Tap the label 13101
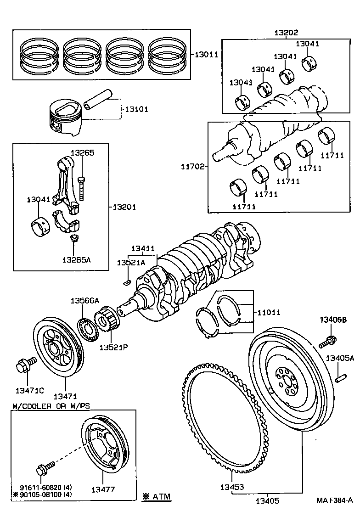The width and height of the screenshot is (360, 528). tap(135, 109)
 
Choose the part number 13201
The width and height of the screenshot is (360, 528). tap(124, 207)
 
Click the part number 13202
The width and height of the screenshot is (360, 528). tap(286, 33)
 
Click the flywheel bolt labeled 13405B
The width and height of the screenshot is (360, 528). tap(330, 340)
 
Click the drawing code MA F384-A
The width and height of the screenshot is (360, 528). tap(334, 500)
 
